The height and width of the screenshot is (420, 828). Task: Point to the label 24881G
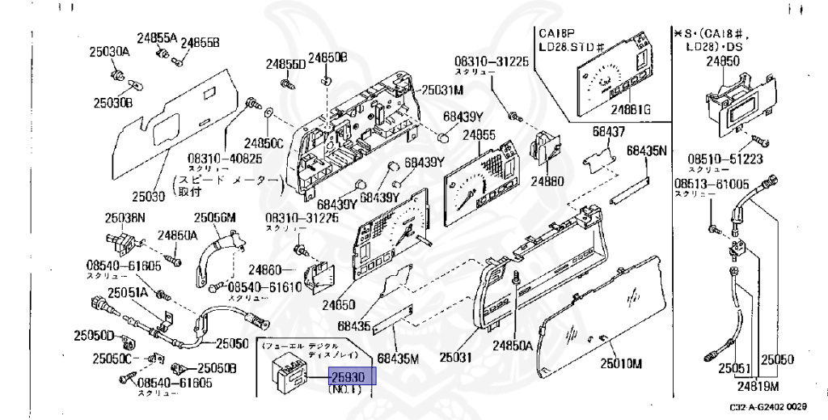click(631, 108)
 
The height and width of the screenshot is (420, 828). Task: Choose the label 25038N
click(125, 217)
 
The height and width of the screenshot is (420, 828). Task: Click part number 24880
click(547, 181)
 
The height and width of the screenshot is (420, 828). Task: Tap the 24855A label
click(156, 37)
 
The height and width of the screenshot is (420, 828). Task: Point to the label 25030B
click(112, 103)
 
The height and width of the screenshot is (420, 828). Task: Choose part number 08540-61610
click(264, 286)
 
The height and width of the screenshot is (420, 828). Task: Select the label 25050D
click(95, 335)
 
